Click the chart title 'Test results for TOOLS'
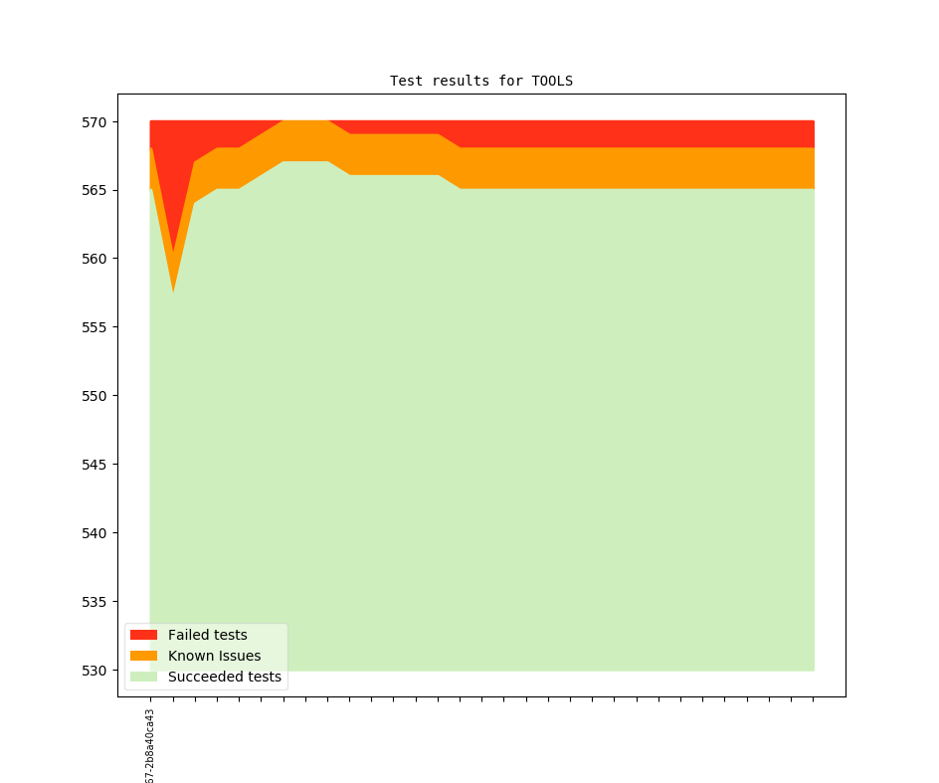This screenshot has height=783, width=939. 480,81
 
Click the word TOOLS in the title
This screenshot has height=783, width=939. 552,81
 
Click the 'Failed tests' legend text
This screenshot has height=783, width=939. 207,635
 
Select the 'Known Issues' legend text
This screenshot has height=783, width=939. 214,656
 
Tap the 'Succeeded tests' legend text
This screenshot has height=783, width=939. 224,678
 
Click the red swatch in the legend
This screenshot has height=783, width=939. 143,635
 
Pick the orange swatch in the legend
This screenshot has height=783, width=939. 143,656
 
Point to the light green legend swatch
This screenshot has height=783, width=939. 143,678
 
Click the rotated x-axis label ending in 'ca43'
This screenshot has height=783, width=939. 150,746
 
